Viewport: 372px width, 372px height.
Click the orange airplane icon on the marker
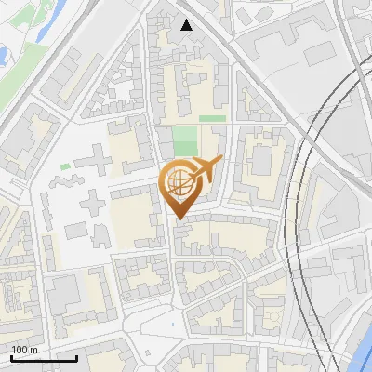206,168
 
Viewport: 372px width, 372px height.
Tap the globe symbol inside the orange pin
179,182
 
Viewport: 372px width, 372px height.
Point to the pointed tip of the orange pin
179,219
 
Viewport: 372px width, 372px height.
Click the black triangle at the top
187,25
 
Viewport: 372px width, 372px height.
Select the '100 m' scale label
24,349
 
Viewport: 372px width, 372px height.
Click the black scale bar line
43,357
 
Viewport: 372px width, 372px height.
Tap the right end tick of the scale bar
76,355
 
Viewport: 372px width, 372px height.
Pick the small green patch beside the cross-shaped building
65,166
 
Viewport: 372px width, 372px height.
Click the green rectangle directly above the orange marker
185,141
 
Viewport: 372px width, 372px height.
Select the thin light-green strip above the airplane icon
212,119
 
